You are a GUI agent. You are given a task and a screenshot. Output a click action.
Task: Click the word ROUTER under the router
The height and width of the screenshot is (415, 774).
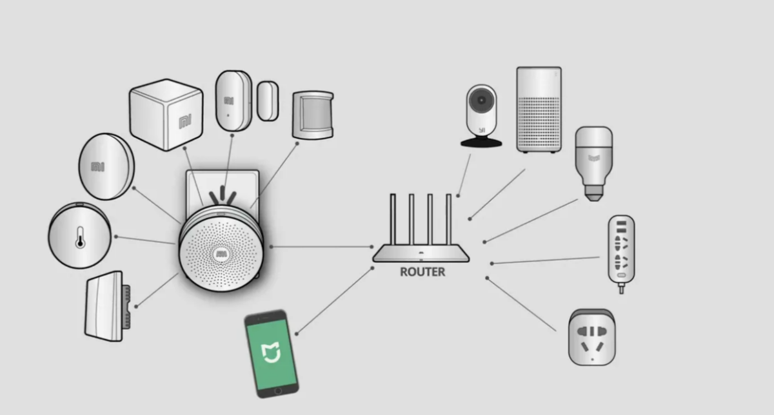point(422,272)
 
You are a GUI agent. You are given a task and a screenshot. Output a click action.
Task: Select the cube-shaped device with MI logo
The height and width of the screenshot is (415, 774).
point(166,115)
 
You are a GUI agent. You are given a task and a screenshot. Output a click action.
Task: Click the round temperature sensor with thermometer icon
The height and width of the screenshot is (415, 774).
point(79,235)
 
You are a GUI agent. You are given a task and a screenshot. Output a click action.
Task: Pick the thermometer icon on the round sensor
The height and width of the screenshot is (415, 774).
point(79,236)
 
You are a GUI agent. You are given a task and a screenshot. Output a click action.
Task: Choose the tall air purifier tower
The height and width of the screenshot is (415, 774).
point(539,109)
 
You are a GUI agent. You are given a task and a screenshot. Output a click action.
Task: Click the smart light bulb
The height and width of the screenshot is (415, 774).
point(593,162)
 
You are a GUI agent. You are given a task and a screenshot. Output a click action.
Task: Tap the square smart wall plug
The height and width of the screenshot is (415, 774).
point(591,337)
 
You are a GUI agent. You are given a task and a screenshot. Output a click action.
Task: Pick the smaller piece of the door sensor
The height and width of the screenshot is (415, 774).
point(267,101)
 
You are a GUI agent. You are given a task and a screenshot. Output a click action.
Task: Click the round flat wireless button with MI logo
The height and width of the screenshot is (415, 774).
point(106,167)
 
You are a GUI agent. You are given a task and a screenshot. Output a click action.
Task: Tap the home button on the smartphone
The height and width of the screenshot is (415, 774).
point(279,391)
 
